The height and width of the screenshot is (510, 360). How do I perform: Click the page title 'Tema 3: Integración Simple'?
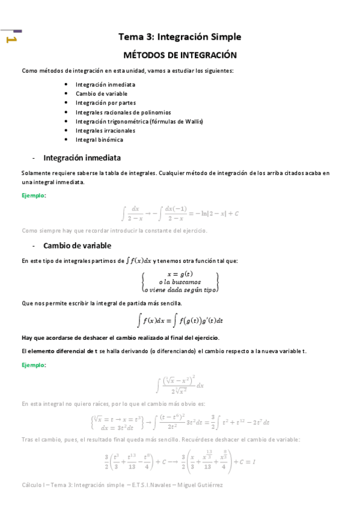180,37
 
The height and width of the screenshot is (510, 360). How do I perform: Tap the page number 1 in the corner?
11,40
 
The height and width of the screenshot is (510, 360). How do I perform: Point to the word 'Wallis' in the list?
192,121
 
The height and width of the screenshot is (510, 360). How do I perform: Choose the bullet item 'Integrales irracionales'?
105,131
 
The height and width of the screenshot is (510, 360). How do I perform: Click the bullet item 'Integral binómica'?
99,140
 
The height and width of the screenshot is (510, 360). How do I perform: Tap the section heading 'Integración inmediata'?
82,158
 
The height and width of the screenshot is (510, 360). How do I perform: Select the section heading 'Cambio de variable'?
77,245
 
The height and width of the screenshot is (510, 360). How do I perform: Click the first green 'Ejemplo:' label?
34,195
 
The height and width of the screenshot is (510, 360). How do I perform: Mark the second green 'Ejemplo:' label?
34,364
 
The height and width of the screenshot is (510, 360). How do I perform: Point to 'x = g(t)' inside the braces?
180,274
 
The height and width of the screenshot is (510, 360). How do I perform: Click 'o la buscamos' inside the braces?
180,281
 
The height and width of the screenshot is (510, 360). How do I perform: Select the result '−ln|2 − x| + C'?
215,214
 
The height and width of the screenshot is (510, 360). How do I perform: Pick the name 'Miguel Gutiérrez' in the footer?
200,485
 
